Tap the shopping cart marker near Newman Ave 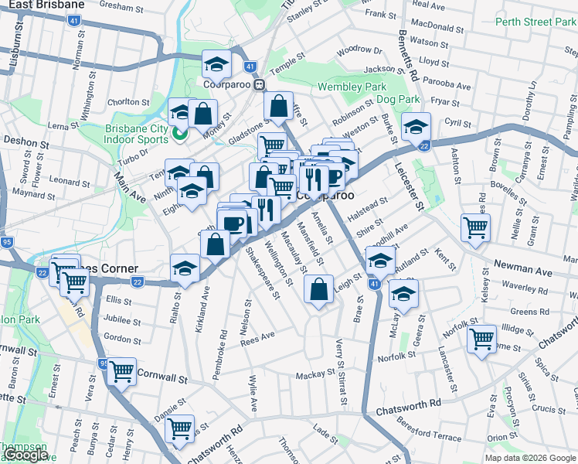click(475, 227)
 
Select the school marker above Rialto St click(185, 268)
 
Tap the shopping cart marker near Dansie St click(180, 427)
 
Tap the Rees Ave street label click(257, 338)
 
